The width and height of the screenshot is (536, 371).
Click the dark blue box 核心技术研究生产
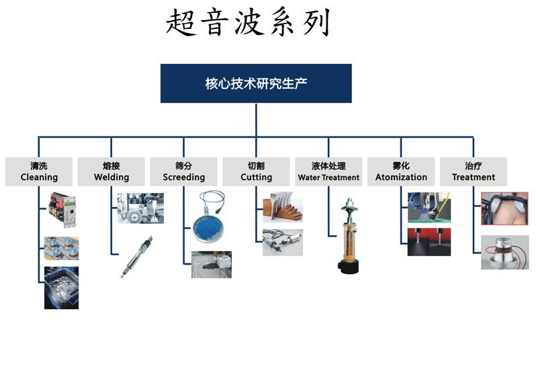coord(256,83)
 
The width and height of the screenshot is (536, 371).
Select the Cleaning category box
coord(39,171)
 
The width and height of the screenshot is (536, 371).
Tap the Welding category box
coord(111,171)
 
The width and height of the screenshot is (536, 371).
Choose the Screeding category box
coord(184,171)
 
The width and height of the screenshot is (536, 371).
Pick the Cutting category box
coord(257,171)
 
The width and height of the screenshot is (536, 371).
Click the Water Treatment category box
coord(328,171)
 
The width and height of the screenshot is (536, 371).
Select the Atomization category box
coord(401,171)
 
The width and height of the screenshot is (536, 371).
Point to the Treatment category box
coord(474,171)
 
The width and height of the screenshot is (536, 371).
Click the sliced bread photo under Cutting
coord(282,208)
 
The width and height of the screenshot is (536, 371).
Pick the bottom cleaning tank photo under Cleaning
coord(61,288)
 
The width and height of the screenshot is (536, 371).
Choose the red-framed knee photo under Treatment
coord(504,208)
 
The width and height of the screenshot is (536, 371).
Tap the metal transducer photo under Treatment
coord(504,252)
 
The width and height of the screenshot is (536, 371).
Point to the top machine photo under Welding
coord(140,208)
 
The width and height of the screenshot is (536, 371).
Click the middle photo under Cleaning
coord(61,247)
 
